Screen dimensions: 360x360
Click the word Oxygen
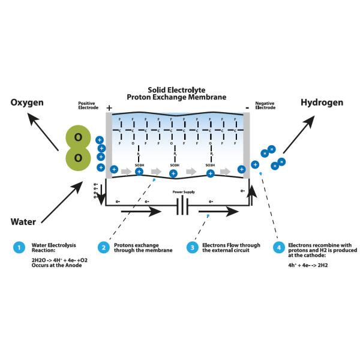27,103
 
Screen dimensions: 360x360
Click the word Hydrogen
322,103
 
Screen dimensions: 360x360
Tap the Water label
23,221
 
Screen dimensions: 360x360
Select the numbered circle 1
20,247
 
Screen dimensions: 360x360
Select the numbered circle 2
103,247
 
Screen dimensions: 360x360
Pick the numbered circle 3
193,247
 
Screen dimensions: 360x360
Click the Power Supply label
183,193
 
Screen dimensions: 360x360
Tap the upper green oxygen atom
78,137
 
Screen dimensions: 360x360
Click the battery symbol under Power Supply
182,210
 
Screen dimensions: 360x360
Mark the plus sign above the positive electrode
109,108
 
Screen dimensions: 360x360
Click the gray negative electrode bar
246,144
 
